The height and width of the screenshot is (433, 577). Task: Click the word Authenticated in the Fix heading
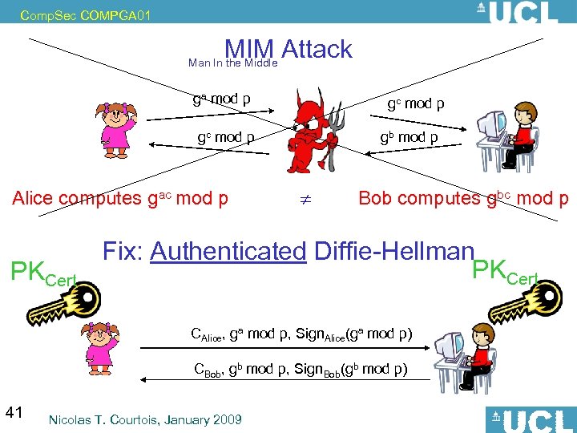coord(228,251)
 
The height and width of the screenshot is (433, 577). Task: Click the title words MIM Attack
coord(288,49)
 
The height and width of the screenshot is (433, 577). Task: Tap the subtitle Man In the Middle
coord(232,63)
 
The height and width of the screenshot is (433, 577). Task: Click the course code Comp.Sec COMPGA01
coord(73,14)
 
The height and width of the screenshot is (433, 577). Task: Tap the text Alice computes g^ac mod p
coord(120,198)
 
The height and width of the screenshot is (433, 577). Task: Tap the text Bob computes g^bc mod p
coord(463,198)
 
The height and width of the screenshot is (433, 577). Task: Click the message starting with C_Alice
coord(301,334)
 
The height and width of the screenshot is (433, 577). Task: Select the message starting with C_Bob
coord(301,370)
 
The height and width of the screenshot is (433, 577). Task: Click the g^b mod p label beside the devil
coord(411,137)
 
